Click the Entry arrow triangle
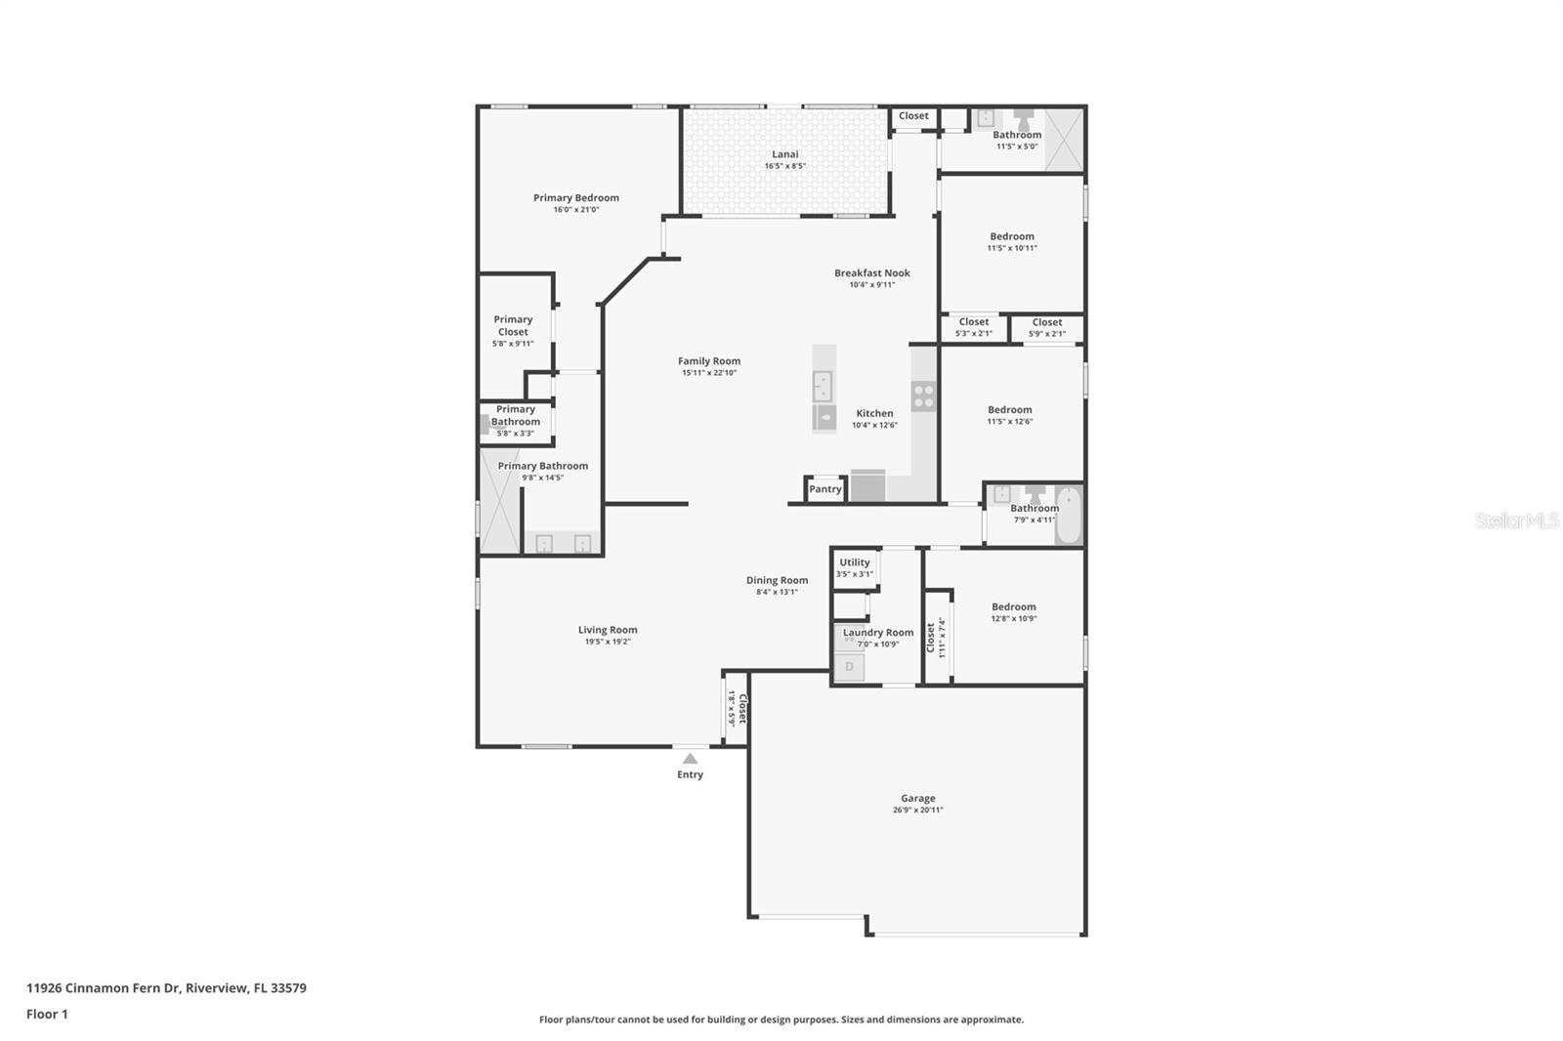[x=690, y=759]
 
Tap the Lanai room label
[x=785, y=154]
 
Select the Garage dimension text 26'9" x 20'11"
[x=917, y=811]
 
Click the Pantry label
[x=824, y=489]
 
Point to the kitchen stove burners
[x=924, y=396]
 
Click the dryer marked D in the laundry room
[x=849, y=667]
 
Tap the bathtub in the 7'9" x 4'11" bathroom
[x=1068, y=516]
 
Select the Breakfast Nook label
[x=872, y=272]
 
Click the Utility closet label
[x=855, y=562]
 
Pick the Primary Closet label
[x=513, y=326]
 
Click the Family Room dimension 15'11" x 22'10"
[x=709, y=373]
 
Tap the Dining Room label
[x=778, y=580]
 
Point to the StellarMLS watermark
[x=1516, y=520]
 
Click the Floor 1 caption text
[x=47, y=1014]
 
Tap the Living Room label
[x=607, y=629]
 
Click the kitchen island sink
[x=824, y=386]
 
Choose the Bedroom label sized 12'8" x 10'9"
[x=1014, y=607]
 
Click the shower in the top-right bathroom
[x=1064, y=140]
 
